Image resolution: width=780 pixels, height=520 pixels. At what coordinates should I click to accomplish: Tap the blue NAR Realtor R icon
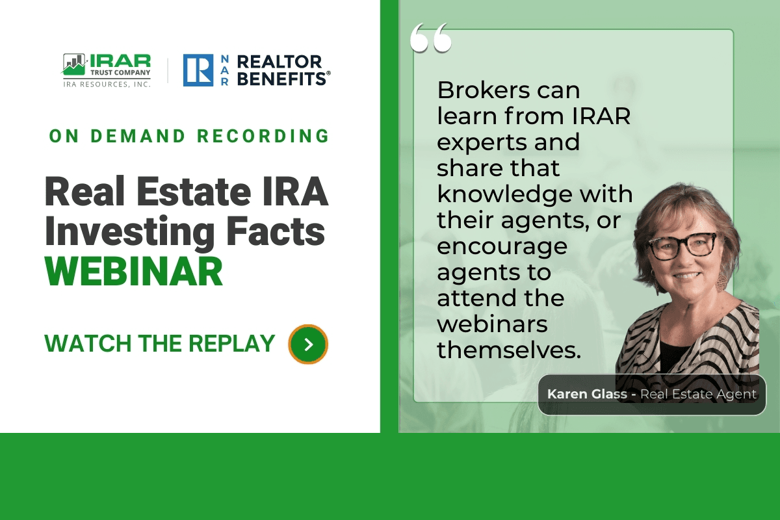[x=198, y=70]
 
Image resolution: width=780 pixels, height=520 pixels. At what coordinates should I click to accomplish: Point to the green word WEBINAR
[x=134, y=272]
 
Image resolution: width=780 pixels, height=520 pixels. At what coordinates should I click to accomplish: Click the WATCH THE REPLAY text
[x=159, y=343]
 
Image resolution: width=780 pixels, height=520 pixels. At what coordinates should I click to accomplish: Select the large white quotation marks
[x=431, y=40]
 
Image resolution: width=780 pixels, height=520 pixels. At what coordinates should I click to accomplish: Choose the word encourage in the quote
[x=501, y=246]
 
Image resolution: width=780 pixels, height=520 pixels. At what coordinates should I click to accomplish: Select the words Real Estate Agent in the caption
[x=698, y=394]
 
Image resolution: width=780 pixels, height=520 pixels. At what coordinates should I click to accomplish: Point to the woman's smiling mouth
[x=687, y=275]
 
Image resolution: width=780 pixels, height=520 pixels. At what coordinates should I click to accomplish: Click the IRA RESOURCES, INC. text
[x=107, y=84]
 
